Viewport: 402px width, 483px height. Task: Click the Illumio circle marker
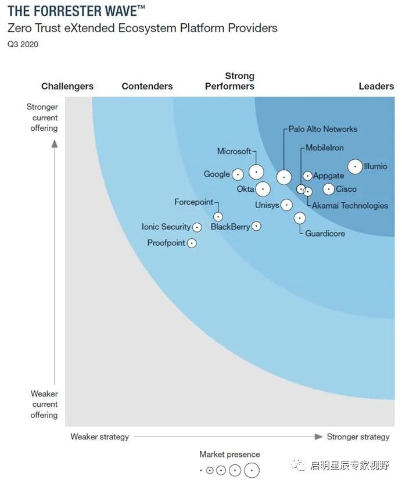[355, 167]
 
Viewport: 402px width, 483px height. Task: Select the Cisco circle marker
[329, 189]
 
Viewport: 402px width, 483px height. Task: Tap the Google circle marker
[238, 174]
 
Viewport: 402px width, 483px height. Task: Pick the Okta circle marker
[263, 189]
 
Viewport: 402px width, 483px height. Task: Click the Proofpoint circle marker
[192, 243]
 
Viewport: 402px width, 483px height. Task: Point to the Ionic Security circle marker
[197, 227]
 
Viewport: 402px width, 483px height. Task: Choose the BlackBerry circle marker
[256, 226]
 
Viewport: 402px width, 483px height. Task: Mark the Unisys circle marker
[286, 205]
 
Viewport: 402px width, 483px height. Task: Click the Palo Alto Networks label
[323, 129]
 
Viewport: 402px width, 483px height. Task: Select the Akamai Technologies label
[350, 205]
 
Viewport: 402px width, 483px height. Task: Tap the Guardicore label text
[325, 234]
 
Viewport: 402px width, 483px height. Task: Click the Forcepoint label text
[194, 202]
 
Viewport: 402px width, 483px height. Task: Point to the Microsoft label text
[234, 152]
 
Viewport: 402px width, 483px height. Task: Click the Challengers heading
[67, 86]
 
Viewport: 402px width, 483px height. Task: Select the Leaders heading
[376, 86]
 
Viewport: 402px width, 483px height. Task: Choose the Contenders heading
[147, 86]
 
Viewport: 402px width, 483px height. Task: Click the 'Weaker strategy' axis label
[100, 437]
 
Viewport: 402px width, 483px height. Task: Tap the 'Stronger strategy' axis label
[358, 437]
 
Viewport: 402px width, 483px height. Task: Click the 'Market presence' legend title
[229, 455]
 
